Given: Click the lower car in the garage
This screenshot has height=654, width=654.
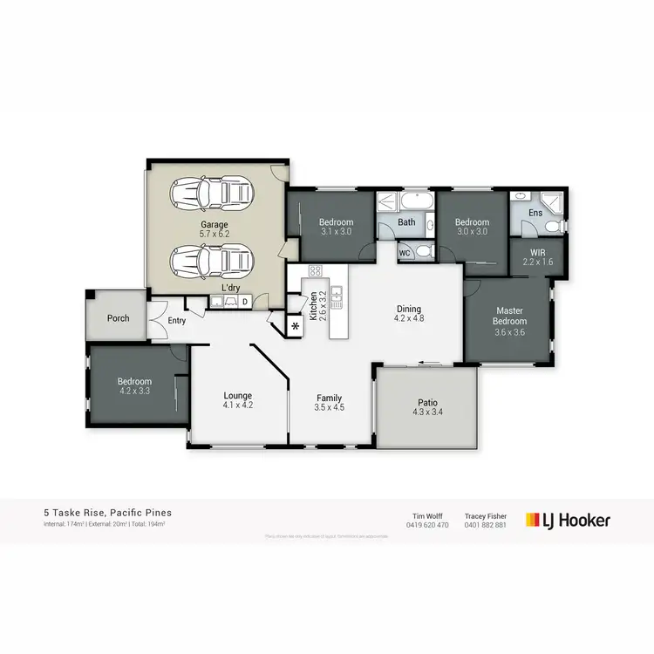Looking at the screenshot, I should (x=214, y=258).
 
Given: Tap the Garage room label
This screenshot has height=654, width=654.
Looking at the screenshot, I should (x=214, y=224).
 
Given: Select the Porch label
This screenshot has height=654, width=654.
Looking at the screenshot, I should (x=119, y=318).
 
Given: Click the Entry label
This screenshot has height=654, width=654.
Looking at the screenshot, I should (x=177, y=321).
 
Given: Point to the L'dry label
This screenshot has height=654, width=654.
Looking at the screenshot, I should (x=230, y=288).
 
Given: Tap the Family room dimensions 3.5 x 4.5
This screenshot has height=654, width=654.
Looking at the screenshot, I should (x=329, y=406).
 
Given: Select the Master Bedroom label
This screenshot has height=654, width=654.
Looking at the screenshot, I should (x=509, y=316).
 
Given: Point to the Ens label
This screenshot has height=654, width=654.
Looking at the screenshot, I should (x=535, y=213).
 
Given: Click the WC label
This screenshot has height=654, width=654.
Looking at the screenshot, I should (x=405, y=253).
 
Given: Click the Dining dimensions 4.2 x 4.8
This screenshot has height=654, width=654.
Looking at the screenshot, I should (x=409, y=319).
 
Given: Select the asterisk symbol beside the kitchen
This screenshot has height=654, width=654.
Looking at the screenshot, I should (x=295, y=326).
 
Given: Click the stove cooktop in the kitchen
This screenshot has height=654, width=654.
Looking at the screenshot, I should (x=315, y=270).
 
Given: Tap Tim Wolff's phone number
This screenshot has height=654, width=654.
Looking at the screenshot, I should (x=428, y=525).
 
